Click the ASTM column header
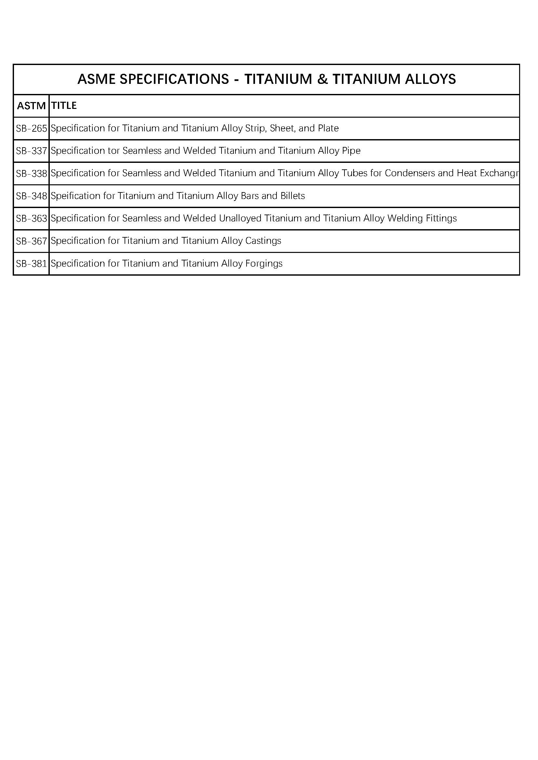click(x=31, y=106)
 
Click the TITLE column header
click(x=64, y=106)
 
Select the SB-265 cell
click(x=32, y=128)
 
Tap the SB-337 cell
click(x=32, y=151)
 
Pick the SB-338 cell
click(x=32, y=174)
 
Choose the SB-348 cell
click(x=32, y=196)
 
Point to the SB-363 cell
click(x=32, y=218)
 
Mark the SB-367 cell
click(x=32, y=241)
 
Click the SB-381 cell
click(x=32, y=264)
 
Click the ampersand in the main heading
click(x=322, y=79)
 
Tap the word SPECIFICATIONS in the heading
click(x=174, y=79)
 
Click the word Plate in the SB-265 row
click(x=328, y=128)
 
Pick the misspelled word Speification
click(x=75, y=196)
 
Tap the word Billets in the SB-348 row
click(x=292, y=196)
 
